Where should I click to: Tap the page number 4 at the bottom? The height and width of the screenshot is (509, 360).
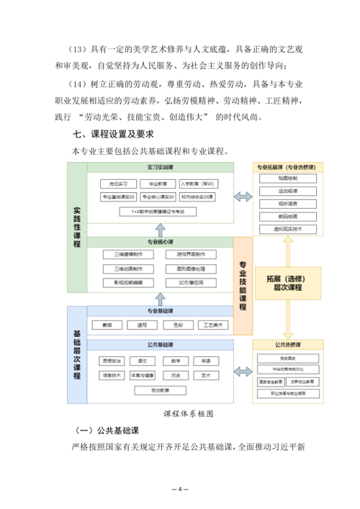point(180,490)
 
